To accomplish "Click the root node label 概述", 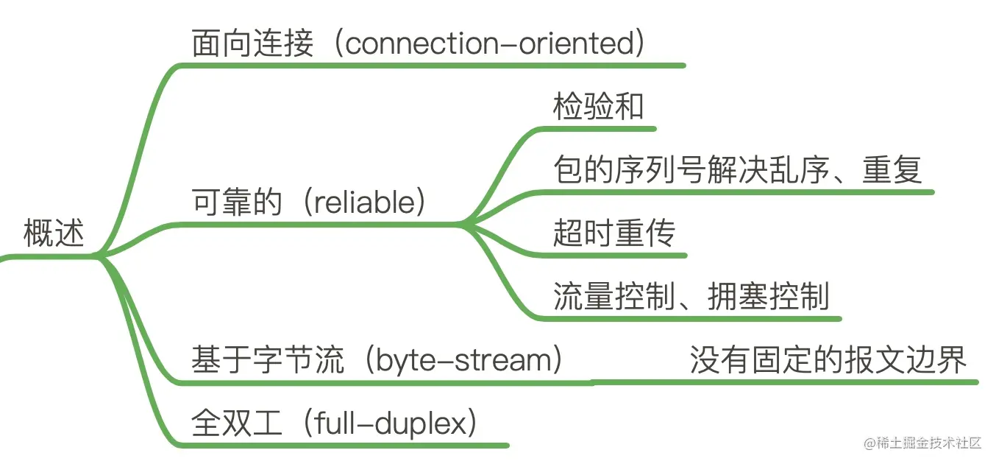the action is (54, 233).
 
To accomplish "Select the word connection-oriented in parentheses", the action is (488, 43).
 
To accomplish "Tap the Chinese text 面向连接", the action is (252, 43).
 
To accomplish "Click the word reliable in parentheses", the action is (365, 202).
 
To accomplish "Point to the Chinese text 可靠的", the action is (237, 202).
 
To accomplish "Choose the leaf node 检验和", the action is (599, 107).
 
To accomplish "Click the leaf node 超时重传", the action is (614, 233).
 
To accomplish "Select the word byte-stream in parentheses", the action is (463, 360).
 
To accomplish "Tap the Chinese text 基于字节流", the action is (268, 360).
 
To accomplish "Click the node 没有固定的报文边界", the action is (828, 360).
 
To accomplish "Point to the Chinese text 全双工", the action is (237, 423).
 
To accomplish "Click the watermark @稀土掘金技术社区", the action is (922, 443).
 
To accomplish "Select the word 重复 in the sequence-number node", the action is (892, 169).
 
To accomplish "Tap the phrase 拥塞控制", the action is (769, 296).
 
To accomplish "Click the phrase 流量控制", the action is (614, 296).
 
